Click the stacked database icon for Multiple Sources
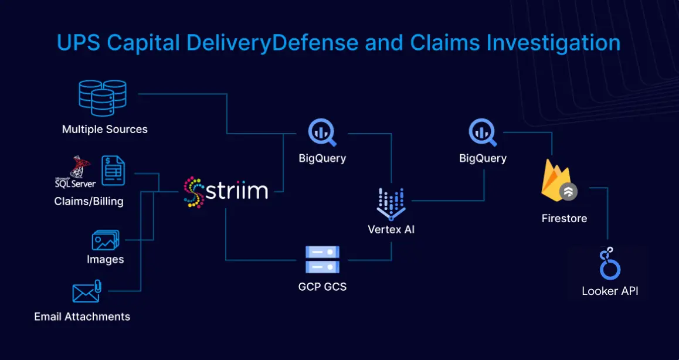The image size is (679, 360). pyautogui.click(x=103, y=98)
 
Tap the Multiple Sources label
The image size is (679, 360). pyautogui.click(x=105, y=129)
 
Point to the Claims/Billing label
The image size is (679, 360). pyautogui.click(x=89, y=201)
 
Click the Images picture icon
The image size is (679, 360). pyautogui.click(x=106, y=240)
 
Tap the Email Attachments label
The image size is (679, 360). pyautogui.click(x=82, y=317)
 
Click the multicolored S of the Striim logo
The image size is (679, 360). pyautogui.click(x=193, y=191)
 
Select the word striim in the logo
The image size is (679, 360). pyautogui.click(x=237, y=191)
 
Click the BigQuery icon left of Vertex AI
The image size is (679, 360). pyautogui.click(x=322, y=133)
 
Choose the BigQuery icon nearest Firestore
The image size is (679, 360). pyautogui.click(x=483, y=133)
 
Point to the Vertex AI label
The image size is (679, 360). pyautogui.click(x=391, y=229)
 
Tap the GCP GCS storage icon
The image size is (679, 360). pyautogui.click(x=322, y=260)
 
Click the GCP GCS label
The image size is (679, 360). pyautogui.click(x=322, y=287)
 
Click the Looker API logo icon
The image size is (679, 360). pyautogui.click(x=610, y=263)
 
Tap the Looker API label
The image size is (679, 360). pyautogui.click(x=610, y=291)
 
